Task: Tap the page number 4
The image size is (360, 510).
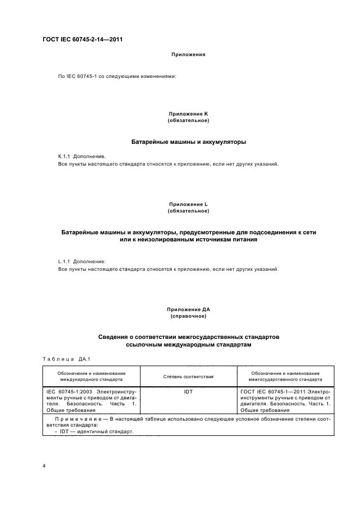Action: pos(44,466)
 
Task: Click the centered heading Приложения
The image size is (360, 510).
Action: pos(188,54)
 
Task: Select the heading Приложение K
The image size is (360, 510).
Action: pos(188,113)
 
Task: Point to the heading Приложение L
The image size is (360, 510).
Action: pos(188,204)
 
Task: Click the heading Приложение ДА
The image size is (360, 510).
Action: pos(188,309)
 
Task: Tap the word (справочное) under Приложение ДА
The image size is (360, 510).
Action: pos(188,316)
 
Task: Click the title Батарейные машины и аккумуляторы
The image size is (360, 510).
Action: pos(188,142)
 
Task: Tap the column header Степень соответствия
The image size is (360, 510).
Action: pos(188,377)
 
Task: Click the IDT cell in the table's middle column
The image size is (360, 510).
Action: pos(188,391)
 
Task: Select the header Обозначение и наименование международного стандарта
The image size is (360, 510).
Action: pos(91,376)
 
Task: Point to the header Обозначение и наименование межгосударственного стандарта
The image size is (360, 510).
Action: pos(285,376)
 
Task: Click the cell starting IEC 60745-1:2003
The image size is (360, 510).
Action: pos(91,400)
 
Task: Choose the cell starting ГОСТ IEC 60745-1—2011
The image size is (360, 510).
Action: pos(285,400)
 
